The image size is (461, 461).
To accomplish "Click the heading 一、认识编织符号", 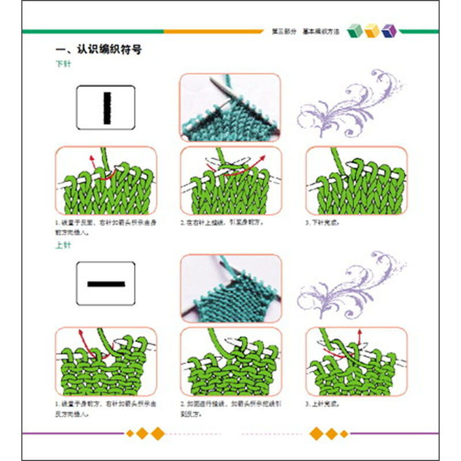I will [x=94, y=51].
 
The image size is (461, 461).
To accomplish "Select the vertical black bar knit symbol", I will [x=107, y=108].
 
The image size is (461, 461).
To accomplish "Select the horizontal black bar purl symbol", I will [x=106, y=284].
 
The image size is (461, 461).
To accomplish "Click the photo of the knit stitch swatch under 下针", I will [x=230, y=108].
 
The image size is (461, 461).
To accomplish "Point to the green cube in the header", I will [x=356, y=31].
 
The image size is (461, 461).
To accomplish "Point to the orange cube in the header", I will [x=372, y=31].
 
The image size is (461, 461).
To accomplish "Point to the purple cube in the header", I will [x=390, y=31].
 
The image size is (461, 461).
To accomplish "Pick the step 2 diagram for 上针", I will [x=231, y=362].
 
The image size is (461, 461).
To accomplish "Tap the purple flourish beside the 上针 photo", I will [x=352, y=282].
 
